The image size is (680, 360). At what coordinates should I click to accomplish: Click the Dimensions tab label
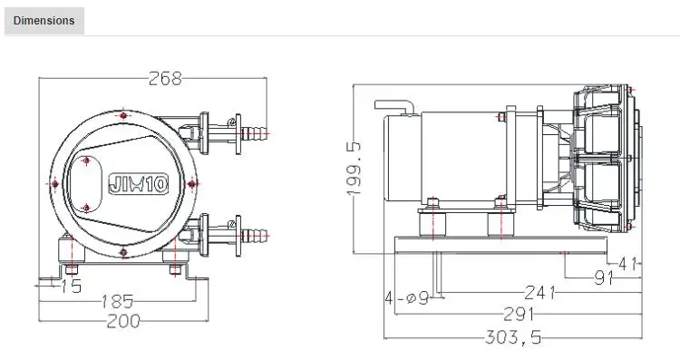44,20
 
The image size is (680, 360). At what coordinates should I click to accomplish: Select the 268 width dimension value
165,79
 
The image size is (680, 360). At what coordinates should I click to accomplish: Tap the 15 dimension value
71,287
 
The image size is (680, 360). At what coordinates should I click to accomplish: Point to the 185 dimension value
118,301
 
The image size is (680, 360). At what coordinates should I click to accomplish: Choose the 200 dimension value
123,321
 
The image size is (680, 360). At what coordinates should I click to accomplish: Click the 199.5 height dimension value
355,169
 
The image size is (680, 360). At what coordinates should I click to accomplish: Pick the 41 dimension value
627,263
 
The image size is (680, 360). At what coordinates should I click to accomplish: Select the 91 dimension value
604,277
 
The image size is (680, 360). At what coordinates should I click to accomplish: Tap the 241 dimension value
539,293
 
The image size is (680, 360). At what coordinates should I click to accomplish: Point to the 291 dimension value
519,314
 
